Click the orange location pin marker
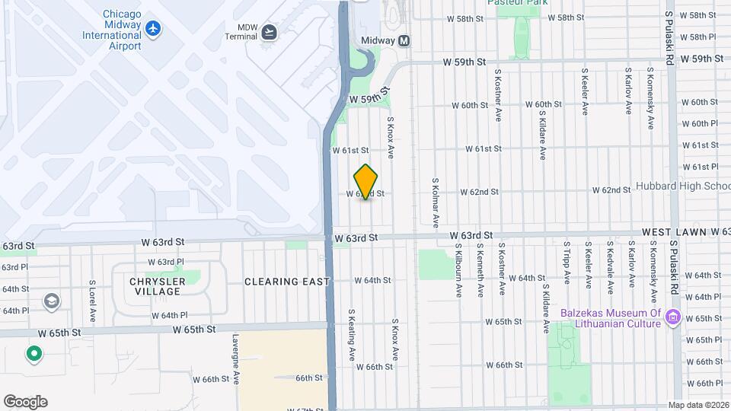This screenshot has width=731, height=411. tap(366, 182)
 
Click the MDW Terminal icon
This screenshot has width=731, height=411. tap(269, 32)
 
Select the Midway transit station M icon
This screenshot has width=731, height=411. tap(404, 41)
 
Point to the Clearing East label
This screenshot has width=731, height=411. tap(286, 282)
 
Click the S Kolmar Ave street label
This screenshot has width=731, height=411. tap(436, 203)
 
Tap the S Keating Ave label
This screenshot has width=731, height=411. tap(352, 335)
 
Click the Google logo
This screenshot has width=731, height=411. tap(25, 402)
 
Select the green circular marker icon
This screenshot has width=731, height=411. tap(34, 354)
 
